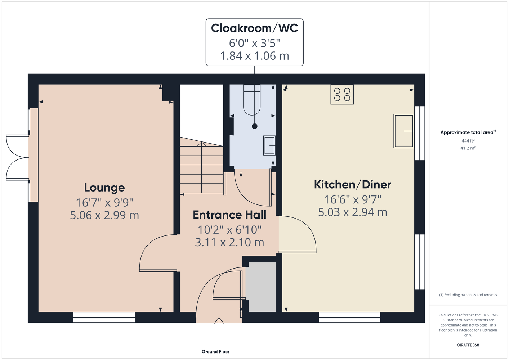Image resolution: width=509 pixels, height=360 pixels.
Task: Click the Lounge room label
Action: coord(104,188)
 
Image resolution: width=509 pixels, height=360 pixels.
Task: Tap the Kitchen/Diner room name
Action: coord(352,184)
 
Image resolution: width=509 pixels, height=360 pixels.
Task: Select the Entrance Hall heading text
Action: coord(229,215)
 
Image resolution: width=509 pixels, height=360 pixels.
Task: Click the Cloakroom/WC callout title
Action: coord(254,28)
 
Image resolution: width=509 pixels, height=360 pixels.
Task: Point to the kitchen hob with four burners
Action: coord(342,94)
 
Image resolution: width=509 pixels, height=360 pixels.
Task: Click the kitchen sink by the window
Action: coord(404,131)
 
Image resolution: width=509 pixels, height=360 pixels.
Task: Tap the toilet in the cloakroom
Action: coord(252,100)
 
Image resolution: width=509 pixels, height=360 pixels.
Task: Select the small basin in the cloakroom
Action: coord(269,145)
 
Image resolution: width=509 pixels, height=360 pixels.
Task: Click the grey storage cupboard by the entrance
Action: coord(262,287)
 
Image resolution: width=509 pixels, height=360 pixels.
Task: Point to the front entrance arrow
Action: coord(219,323)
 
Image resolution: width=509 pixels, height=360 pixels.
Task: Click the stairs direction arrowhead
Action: coord(202,144)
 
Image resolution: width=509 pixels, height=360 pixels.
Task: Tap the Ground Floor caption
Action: coord(216,352)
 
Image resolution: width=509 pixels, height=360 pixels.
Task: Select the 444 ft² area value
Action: coord(468,141)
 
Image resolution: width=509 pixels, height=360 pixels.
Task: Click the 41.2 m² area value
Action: coord(468,148)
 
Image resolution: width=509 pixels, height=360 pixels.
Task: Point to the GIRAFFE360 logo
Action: coord(468,345)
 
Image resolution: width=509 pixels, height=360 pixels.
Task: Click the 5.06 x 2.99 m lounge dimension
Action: coord(104,215)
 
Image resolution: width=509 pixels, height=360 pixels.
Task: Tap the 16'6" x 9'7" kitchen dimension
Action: coord(352,200)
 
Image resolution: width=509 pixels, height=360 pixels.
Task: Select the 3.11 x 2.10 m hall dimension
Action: coord(229,242)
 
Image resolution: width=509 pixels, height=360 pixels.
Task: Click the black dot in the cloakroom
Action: coord(254,126)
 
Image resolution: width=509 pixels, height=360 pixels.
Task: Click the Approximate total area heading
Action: coord(468,132)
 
